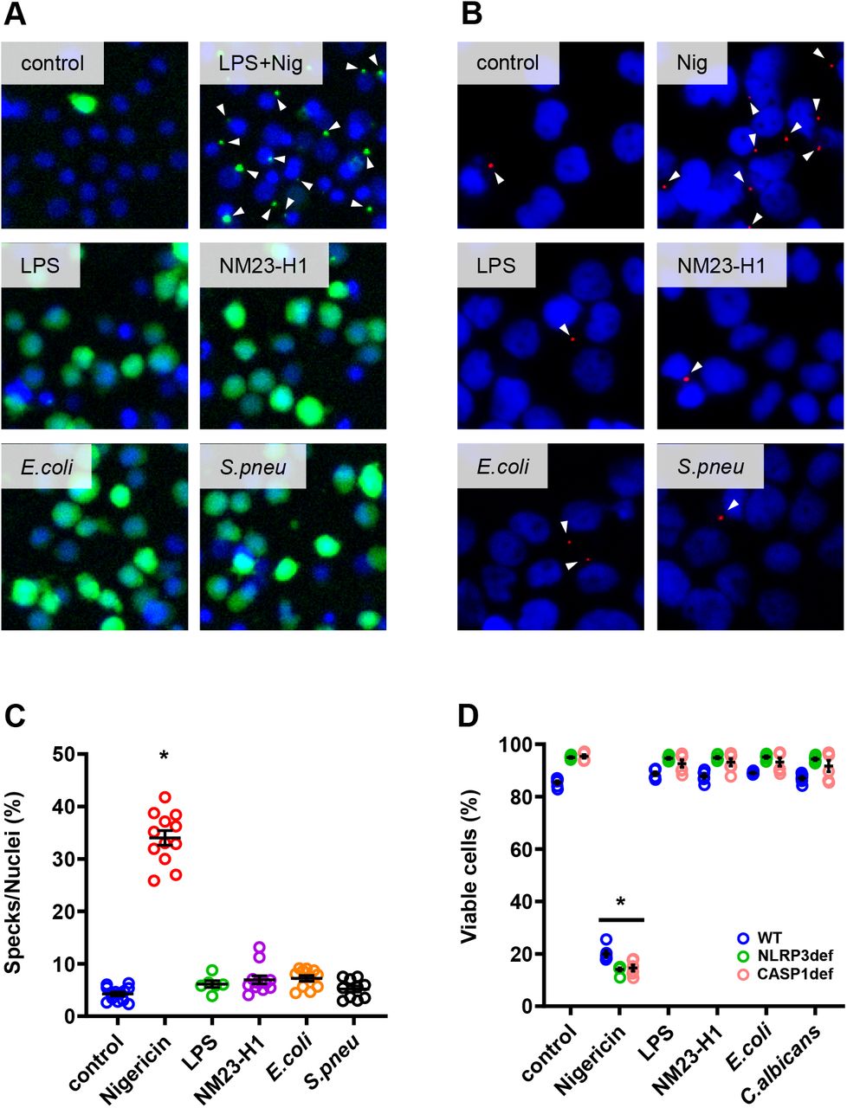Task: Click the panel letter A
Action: [14, 14]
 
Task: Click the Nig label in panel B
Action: [695, 63]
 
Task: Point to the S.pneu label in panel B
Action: [710, 467]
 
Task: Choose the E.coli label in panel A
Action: [48, 467]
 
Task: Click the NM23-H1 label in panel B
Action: [721, 265]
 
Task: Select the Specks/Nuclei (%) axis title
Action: [17, 879]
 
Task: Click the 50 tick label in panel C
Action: [61, 754]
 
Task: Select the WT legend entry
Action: [768, 937]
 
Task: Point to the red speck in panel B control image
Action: [490, 164]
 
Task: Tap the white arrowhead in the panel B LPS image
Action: [565, 328]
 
